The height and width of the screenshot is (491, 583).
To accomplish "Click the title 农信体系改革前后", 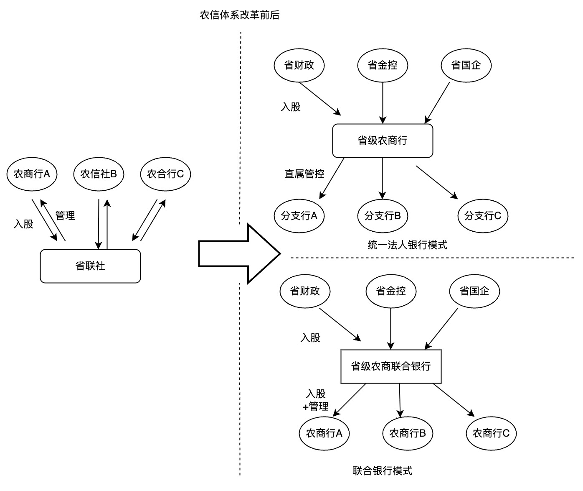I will pos(240,15).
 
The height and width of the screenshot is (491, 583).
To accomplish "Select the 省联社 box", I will pos(90,266).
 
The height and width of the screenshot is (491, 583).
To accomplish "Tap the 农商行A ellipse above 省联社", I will pos(32,174).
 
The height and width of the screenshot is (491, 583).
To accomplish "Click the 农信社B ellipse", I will pos(99,174).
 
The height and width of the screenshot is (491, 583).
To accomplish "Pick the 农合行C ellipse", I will pos(165,174).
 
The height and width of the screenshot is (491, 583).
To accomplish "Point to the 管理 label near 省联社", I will pos(65,216).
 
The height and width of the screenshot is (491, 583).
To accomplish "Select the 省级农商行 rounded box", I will pos(383,141).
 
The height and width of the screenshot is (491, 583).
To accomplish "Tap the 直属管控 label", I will pos(304,174).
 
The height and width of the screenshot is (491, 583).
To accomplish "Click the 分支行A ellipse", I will pos(299,216).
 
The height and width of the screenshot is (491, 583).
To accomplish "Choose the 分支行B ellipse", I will pos(383,216).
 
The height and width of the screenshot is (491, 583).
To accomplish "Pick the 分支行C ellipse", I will pos(483,216).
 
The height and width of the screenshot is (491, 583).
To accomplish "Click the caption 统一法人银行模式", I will pos(408,245).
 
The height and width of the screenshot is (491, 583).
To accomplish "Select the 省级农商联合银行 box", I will pos(391,366).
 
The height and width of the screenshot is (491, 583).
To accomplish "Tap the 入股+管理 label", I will pos(316,400).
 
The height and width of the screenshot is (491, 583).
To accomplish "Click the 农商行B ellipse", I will pos(408,433).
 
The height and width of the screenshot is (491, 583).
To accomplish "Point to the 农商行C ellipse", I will pos(491,433).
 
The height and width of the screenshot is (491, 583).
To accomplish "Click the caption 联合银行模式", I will pos(383,471).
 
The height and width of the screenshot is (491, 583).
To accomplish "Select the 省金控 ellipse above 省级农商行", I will pos(383,65).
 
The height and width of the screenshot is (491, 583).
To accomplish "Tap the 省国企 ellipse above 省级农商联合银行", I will pos(474,291).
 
